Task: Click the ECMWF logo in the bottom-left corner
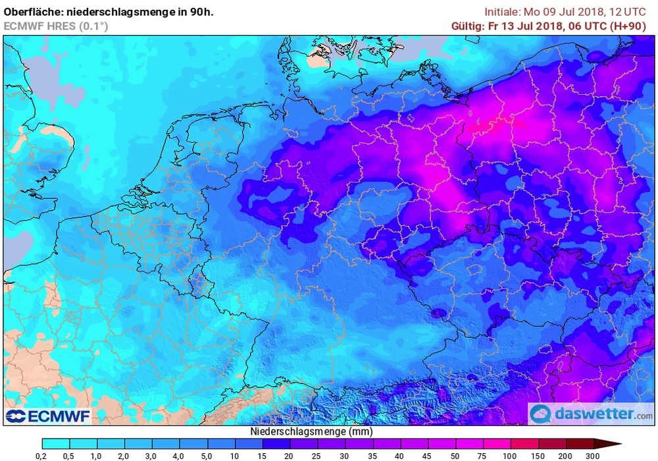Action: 47,416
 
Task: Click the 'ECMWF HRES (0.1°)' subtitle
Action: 56,26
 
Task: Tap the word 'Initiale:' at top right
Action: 503,12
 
